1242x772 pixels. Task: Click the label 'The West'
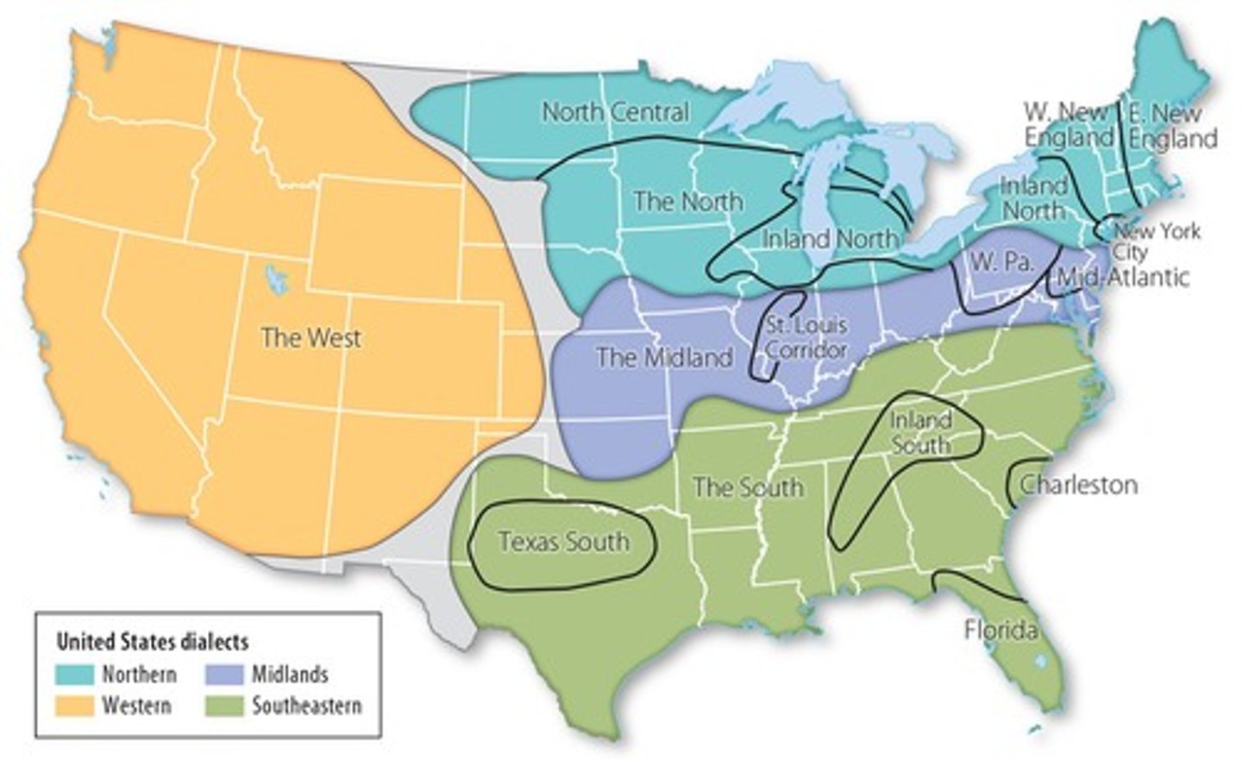[x=310, y=337]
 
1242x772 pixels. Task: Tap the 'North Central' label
[x=615, y=112]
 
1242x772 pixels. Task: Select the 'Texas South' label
[x=563, y=542]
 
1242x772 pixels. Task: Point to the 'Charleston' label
[x=1078, y=485]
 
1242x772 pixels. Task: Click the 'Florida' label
[x=1000, y=631]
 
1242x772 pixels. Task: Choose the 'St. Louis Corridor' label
[x=806, y=338]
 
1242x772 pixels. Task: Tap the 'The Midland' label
[x=664, y=357]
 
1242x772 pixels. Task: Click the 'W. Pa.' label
[x=1001, y=261]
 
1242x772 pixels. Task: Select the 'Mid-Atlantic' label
[x=1122, y=277]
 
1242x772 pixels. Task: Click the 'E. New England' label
[x=1172, y=125]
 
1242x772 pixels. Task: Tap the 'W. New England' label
[x=1068, y=125]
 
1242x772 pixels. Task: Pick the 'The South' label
[x=748, y=487]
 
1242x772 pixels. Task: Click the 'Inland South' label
[x=921, y=432]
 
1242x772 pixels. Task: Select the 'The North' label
[x=687, y=202]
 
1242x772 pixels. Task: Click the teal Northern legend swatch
[x=74, y=674]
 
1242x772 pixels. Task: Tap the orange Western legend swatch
[x=74, y=706]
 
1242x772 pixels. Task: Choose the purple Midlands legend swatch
[x=224, y=674]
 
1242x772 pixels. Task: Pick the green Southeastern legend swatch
[x=224, y=706]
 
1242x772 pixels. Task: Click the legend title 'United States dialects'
[x=152, y=642]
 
